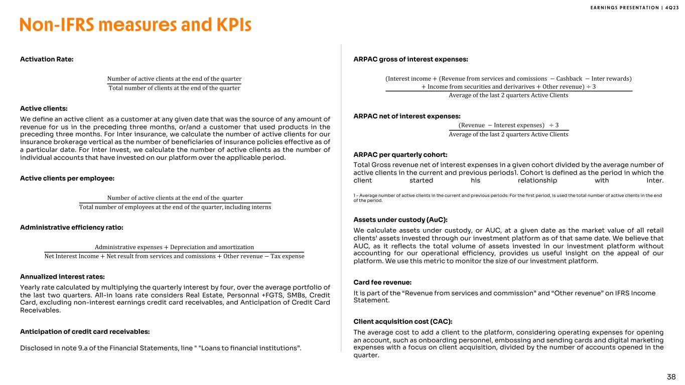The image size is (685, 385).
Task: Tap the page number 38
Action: click(x=671, y=376)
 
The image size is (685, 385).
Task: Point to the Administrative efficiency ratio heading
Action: click(x=71, y=227)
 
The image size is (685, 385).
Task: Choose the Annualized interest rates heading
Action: click(x=62, y=276)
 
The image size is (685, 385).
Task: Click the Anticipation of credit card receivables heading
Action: click(x=85, y=331)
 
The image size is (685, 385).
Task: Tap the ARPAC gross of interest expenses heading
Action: click(x=411, y=59)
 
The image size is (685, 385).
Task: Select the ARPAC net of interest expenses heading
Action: click(x=407, y=116)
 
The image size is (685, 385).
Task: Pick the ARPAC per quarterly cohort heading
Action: click(x=400, y=154)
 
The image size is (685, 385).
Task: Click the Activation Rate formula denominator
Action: click(x=174, y=88)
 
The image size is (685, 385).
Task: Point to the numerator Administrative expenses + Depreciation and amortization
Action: click(x=174, y=247)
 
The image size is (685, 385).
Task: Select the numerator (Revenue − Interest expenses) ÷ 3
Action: click(x=508, y=125)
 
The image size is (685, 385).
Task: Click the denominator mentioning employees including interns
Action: click(x=175, y=208)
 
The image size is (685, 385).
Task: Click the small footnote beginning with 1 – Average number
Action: click(x=508, y=198)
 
